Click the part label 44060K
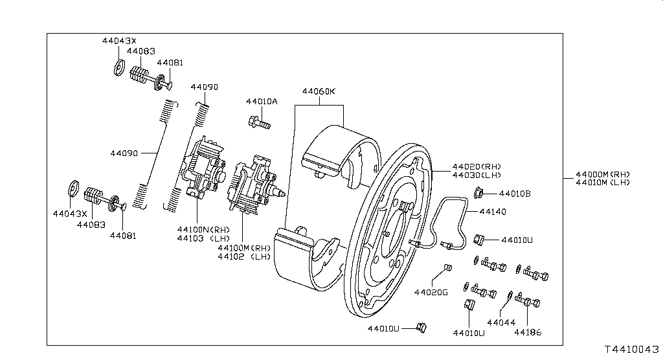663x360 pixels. (319, 91)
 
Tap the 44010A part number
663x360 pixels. (262, 102)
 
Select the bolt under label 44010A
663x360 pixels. (259, 122)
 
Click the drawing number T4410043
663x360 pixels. (632, 350)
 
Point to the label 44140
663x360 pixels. (493, 212)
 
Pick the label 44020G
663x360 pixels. (431, 292)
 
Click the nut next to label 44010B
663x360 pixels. (478, 193)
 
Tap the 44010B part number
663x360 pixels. (515, 194)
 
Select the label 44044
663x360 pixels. (501, 322)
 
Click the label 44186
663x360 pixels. (528, 333)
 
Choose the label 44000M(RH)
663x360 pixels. (603, 174)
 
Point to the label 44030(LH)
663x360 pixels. (477, 175)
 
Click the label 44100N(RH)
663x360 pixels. (203, 230)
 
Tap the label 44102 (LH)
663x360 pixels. (244, 256)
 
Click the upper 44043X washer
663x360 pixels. (119, 67)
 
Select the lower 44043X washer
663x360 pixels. (74, 188)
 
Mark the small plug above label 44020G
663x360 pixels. (448, 267)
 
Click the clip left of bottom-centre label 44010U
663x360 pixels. (421, 328)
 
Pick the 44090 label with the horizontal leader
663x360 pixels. (124, 153)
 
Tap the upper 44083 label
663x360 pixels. (140, 51)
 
